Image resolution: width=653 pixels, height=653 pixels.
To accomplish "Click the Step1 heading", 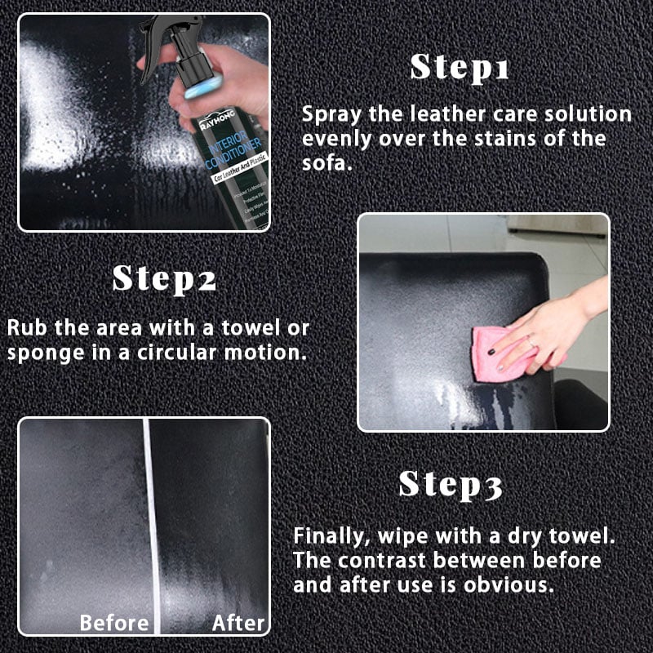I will [460, 67].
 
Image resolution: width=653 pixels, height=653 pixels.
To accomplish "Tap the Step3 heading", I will [450, 485].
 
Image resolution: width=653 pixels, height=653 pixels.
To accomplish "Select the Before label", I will [114, 624].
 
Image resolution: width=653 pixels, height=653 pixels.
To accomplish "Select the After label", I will [239, 624].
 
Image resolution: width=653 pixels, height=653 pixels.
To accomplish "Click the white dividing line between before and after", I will [150, 522].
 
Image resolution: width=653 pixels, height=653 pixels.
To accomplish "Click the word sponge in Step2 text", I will [41, 353].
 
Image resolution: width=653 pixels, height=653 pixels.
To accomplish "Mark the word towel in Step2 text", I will [244, 328].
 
